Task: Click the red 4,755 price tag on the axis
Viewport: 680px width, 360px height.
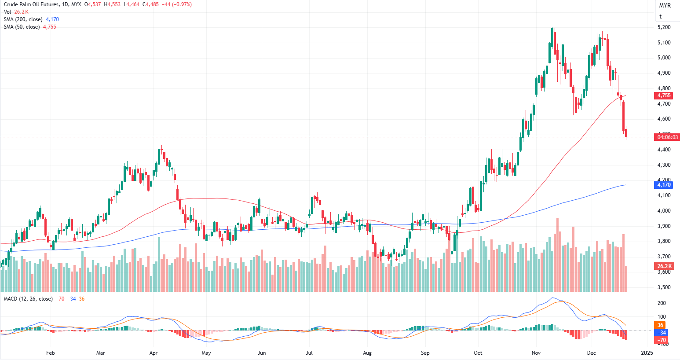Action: pos(664,96)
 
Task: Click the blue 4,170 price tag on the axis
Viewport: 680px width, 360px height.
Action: pos(664,185)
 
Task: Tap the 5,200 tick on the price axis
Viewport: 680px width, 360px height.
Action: pos(664,27)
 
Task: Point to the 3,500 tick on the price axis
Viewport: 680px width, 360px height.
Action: pos(664,287)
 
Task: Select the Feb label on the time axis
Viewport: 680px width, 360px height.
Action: pos(51,353)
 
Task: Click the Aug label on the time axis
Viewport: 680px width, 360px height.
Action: pos(367,353)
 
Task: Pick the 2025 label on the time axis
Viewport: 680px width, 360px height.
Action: pos(647,353)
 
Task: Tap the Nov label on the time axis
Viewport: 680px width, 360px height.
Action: pos(536,353)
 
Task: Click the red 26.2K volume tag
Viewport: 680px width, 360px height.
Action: pos(664,266)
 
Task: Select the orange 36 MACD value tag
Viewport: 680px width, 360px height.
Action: pos(661,325)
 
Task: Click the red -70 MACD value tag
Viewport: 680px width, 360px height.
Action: pos(662,340)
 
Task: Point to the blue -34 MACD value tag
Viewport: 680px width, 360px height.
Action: pos(662,333)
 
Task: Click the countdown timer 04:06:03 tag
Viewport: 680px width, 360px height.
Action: pos(667,137)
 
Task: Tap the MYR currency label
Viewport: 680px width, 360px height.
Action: pos(665,6)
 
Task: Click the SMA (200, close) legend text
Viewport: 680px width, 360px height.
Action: pos(23,19)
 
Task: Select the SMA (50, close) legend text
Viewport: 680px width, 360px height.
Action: pos(22,27)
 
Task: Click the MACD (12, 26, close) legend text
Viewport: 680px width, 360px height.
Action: pos(28,299)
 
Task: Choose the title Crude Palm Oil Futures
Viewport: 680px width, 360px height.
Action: pos(31,4)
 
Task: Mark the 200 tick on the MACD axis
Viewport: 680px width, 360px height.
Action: pos(662,303)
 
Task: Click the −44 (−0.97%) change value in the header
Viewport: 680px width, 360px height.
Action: pos(176,4)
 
